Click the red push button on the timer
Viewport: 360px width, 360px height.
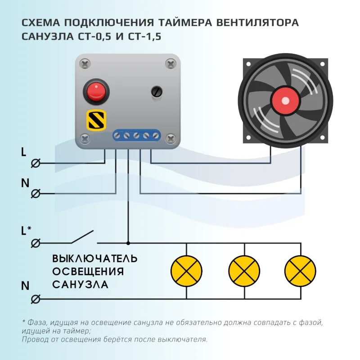(x=95, y=91)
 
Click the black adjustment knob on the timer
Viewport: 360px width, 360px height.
(x=156, y=92)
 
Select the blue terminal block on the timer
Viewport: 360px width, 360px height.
(x=136, y=135)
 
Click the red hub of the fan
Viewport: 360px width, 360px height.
(x=285, y=101)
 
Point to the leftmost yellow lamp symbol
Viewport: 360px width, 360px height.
(x=186, y=271)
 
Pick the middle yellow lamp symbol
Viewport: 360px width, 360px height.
(x=244, y=271)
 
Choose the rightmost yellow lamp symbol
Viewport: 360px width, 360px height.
(x=300, y=271)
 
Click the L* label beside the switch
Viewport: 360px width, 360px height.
(x=26, y=231)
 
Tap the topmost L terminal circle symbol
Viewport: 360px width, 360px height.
(x=36, y=163)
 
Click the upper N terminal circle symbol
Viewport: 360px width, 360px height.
(x=36, y=194)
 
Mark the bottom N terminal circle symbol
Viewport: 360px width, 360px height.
(x=36, y=299)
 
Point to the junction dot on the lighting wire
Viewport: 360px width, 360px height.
(x=128, y=243)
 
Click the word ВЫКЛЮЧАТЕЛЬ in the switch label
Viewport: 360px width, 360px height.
(x=95, y=259)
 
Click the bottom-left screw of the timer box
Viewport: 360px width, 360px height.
(x=85, y=138)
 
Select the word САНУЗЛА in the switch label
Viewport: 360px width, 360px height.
(x=80, y=284)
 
